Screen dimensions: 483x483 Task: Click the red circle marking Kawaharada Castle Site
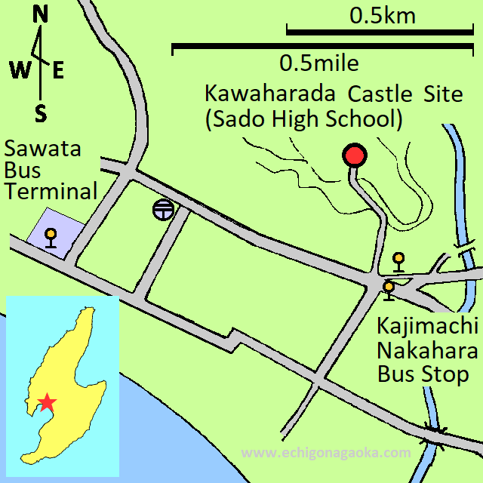(x=354, y=156)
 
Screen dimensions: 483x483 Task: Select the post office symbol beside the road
(x=162, y=210)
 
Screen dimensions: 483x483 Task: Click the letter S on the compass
(x=41, y=114)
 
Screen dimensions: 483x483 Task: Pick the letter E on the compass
(x=58, y=71)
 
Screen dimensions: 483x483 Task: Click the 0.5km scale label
(x=382, y=16)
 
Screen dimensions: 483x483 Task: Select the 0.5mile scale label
(x=318, y=62)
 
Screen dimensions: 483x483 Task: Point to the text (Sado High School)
(x=303, y=119)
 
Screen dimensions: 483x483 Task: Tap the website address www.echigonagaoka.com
(x=326, y=453)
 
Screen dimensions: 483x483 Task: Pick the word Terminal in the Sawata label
(x=51, y=192)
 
